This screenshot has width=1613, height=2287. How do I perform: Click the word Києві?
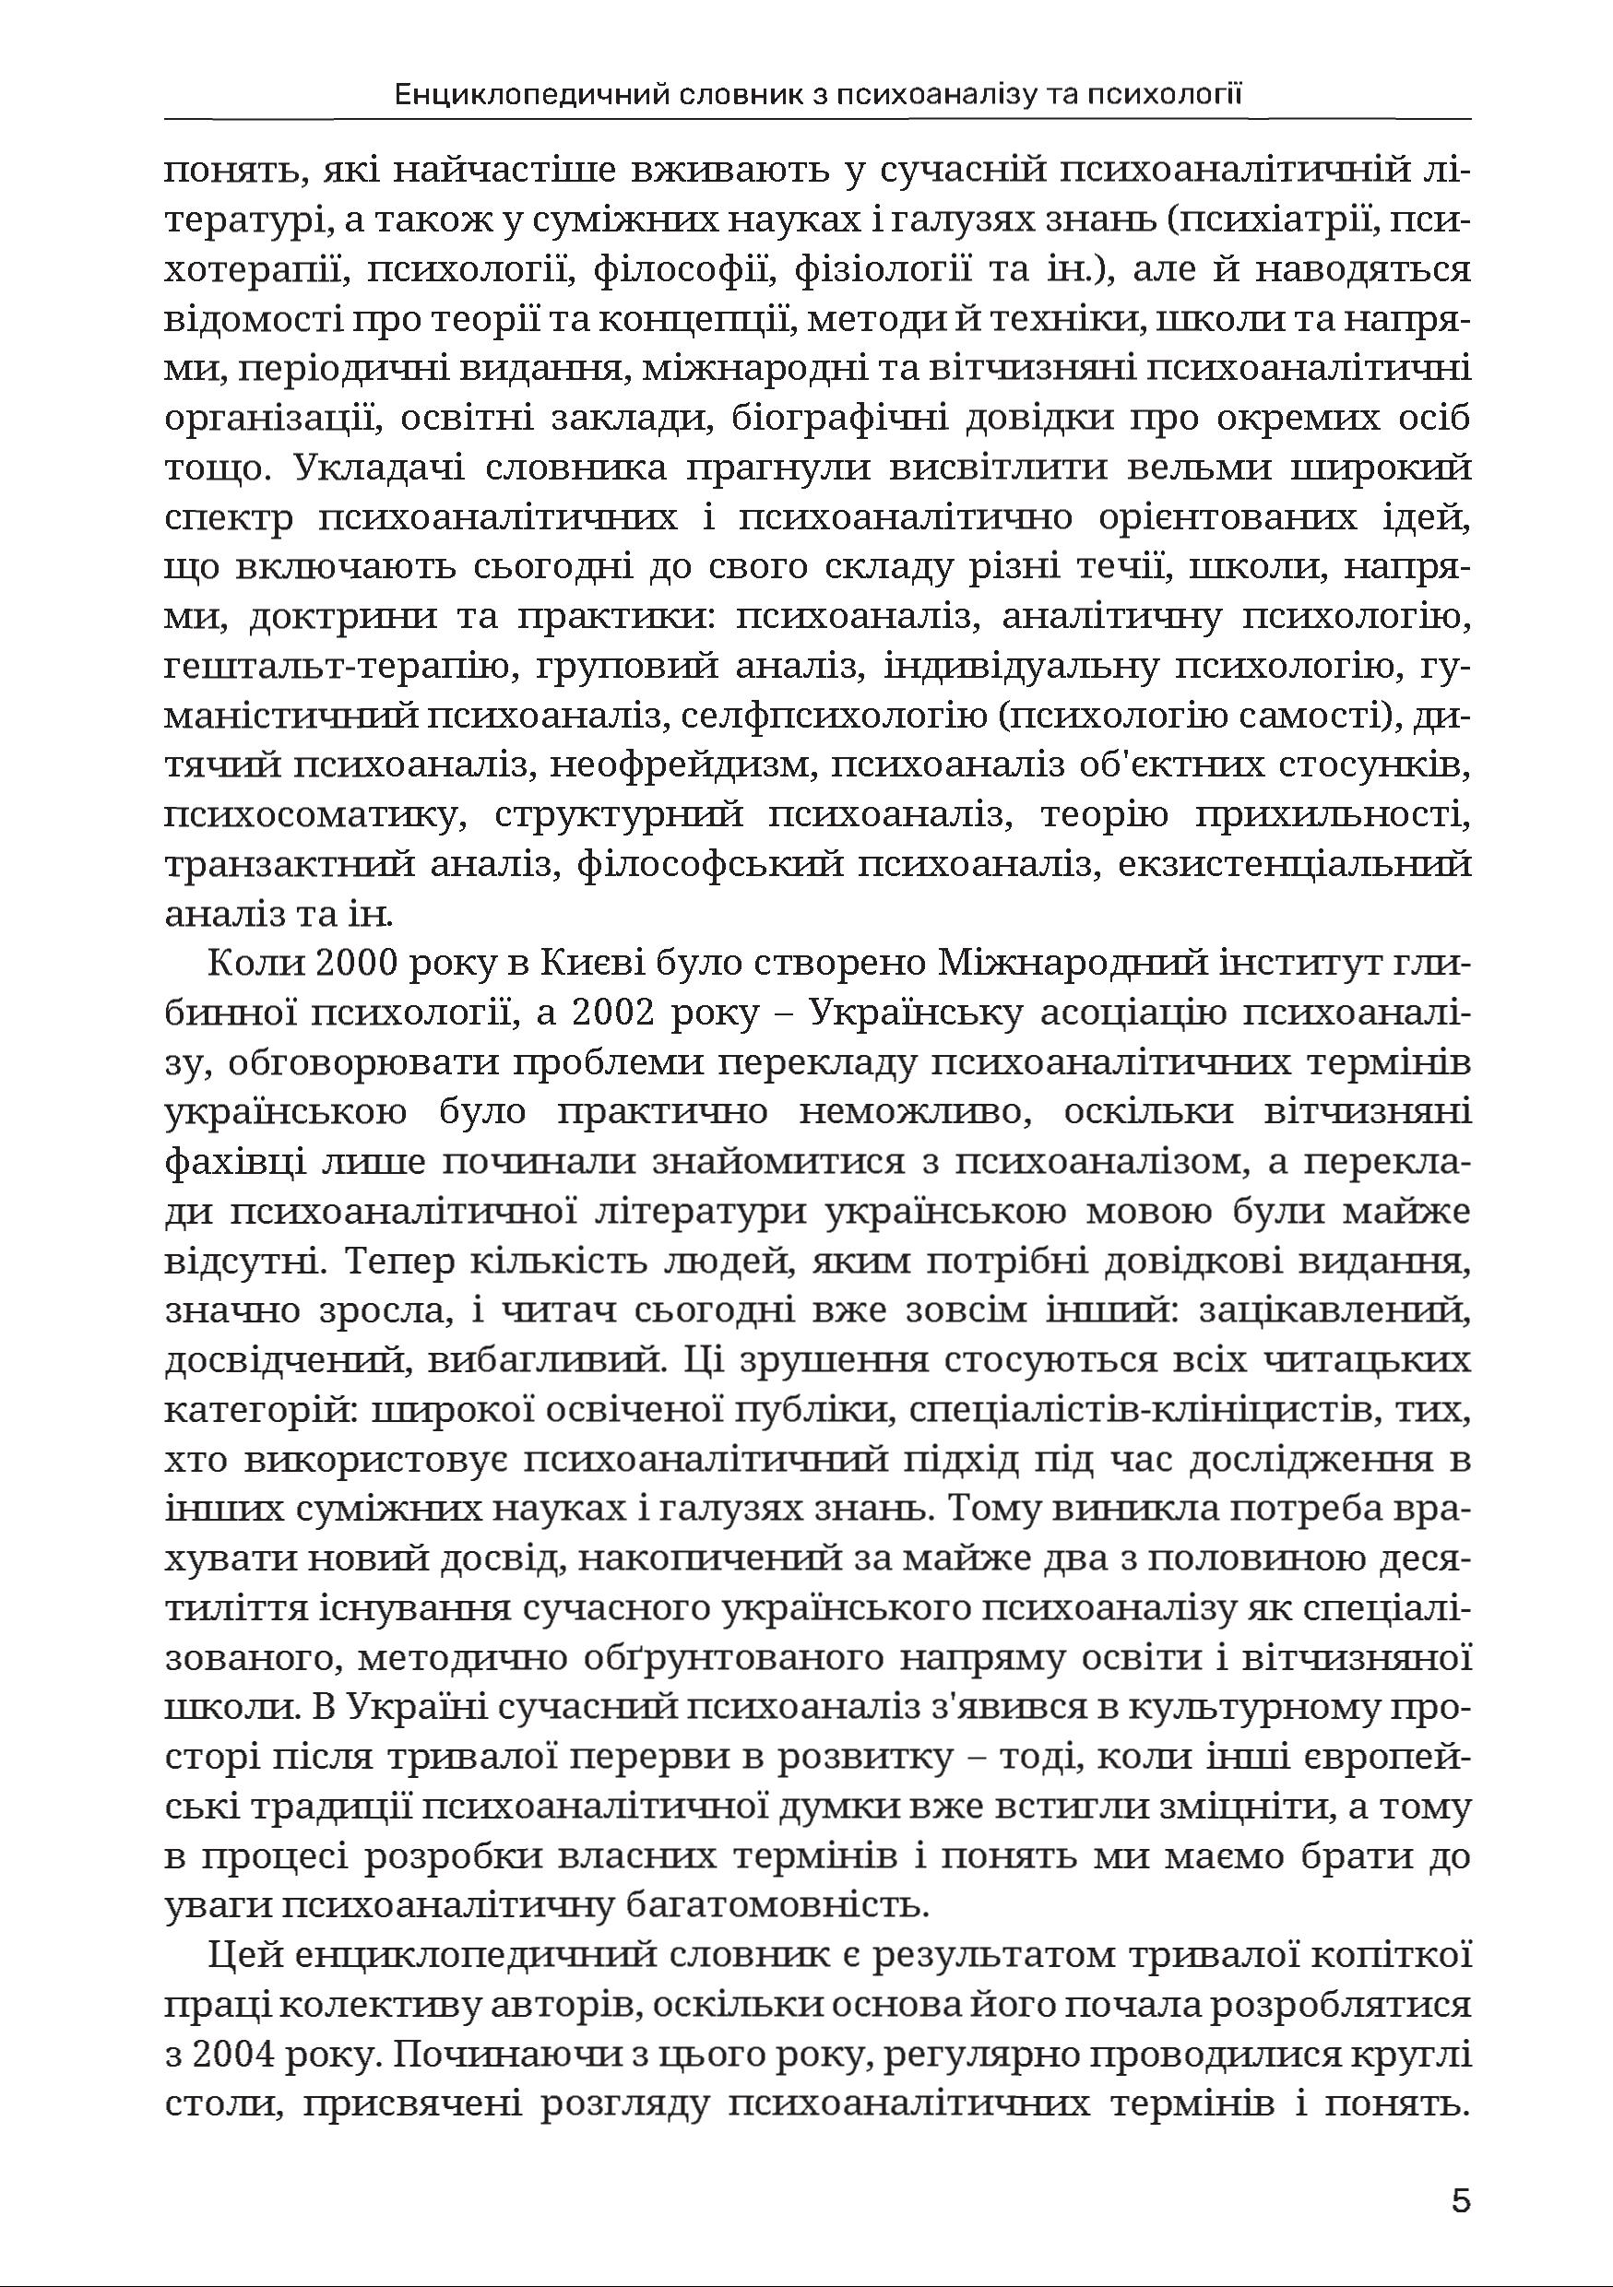click(594, 966)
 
